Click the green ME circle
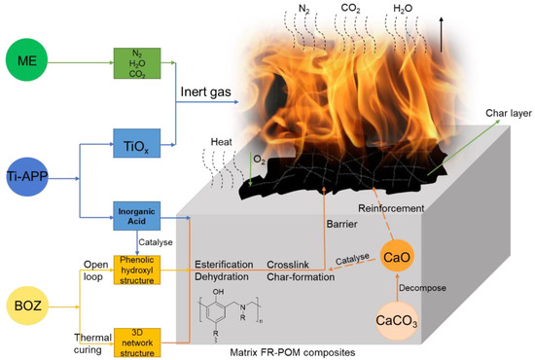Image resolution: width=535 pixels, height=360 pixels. coord(36,64)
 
